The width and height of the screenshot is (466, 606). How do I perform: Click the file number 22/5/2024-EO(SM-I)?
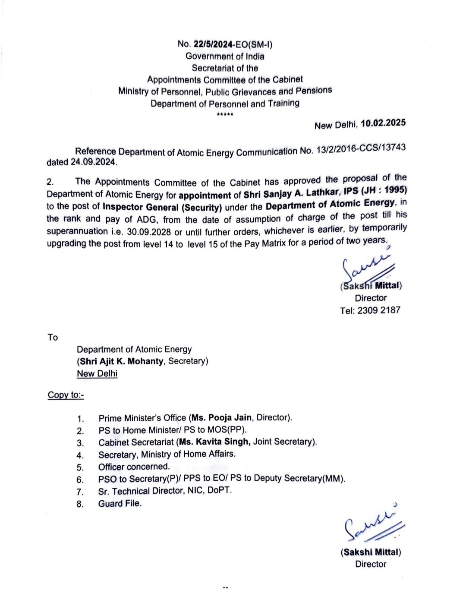pyautogui.click(x=233, y=44)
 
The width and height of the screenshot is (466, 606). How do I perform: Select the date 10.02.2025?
pyautogui.click(x=383, y=123)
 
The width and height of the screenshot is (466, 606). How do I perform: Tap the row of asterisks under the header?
pyautogui.click(x=225, y=114)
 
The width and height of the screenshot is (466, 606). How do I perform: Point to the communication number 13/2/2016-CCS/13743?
pyautogui.click(x=361, y=148)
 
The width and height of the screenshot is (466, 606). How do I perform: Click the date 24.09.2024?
pyautogui.click(x=94, y=162)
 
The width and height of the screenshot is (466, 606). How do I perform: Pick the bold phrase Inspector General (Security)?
pyautogui.click(x=162, y=207)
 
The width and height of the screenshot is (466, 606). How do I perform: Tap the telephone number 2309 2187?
pyautogui.click(x=379, y=310)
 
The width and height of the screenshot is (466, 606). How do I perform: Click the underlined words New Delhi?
pyautogui.click(x=97, y=373)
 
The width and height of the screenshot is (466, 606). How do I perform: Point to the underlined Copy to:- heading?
pyautogui.click(x=66, y=395)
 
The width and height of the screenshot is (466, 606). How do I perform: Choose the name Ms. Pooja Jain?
pyautogui.click(x=221, y=417)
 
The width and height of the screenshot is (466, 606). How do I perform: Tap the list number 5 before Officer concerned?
pyautogui.click(x=80, y=467)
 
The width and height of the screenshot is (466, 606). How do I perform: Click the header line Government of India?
pyautogui.click(x=225, y=56)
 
